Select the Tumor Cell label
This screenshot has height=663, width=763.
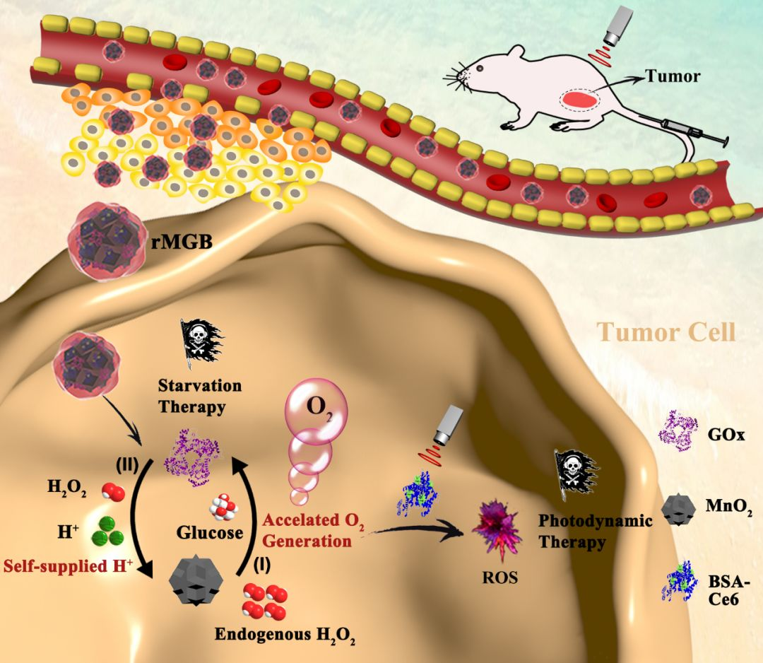click(x=667, y=331)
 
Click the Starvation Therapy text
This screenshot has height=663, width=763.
click(x=200, y=397)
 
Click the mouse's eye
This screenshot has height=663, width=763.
click(x=480, y=69)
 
